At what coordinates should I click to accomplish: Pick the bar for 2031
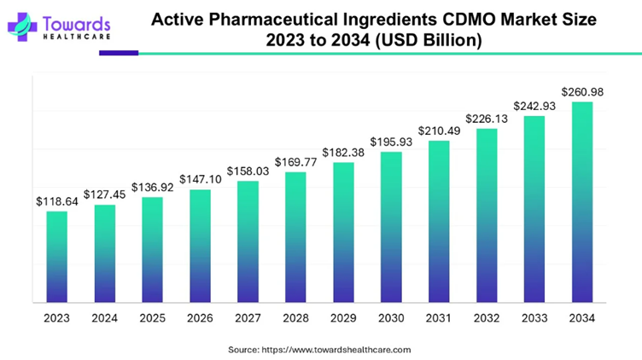point(439,221)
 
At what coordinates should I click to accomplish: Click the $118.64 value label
point(56,201)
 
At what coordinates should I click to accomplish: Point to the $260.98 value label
point(581,92)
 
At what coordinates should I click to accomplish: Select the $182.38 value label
point(343,153)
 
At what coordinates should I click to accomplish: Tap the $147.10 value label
point(200,180)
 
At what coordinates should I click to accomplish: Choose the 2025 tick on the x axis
point(152,317)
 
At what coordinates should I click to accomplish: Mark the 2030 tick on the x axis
point(391,317)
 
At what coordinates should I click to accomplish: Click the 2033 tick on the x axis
point(534,317)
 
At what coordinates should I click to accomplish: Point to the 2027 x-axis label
point(248,317)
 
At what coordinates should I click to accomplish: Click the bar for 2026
point(200,245)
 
